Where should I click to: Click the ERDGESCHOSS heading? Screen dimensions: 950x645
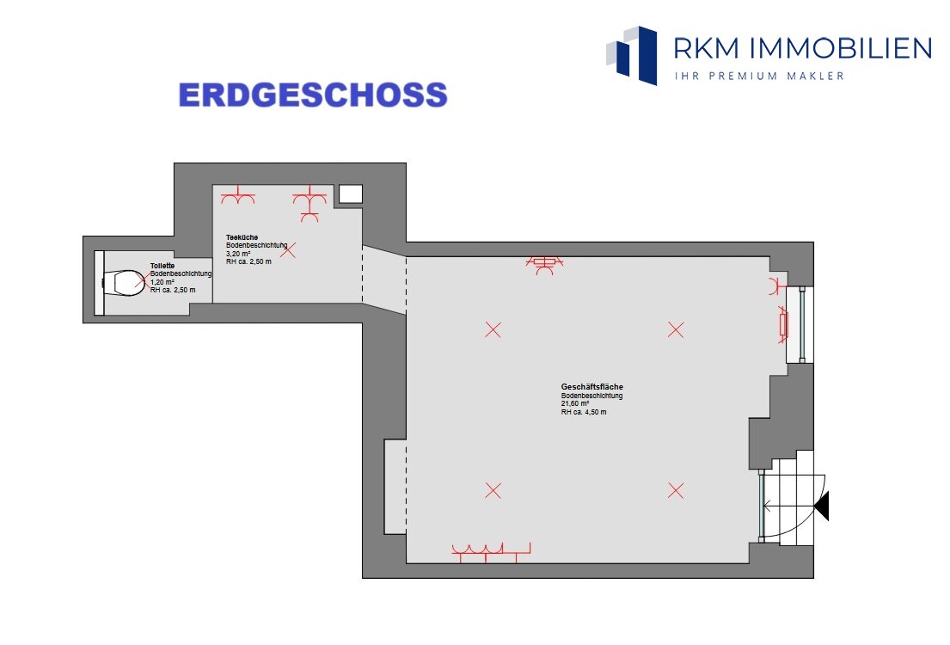click(313, 95)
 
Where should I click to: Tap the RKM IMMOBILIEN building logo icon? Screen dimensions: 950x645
click(632, 55)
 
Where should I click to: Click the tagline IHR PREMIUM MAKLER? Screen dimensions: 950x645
click(759, 76)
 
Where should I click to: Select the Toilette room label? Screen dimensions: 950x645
click(162, 266)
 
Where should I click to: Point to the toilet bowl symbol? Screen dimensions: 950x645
click(124, 282)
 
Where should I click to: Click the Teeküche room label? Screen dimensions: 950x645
click(242, 237)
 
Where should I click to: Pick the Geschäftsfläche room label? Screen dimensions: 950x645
click(592, 386)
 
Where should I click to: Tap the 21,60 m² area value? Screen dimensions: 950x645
click(575, 403)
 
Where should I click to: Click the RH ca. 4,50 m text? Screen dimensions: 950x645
click(584, 412)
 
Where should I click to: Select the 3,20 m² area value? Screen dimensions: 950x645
click(238, 254)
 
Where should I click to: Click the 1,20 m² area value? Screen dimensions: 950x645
click(162, 282)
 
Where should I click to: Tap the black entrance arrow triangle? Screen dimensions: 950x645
click(822, 507)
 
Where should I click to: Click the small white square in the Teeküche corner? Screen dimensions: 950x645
click(350, 194)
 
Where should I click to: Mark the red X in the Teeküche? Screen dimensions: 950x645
click(288, 249)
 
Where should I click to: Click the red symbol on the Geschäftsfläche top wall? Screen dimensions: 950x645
click(544, 265)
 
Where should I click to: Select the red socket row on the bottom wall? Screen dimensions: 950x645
click(491, 551)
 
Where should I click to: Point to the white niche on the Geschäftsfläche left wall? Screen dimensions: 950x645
click(395, 487)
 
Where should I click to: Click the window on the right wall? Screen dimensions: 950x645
click(800, 325)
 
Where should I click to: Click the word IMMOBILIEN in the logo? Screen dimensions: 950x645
click(841, 48)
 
